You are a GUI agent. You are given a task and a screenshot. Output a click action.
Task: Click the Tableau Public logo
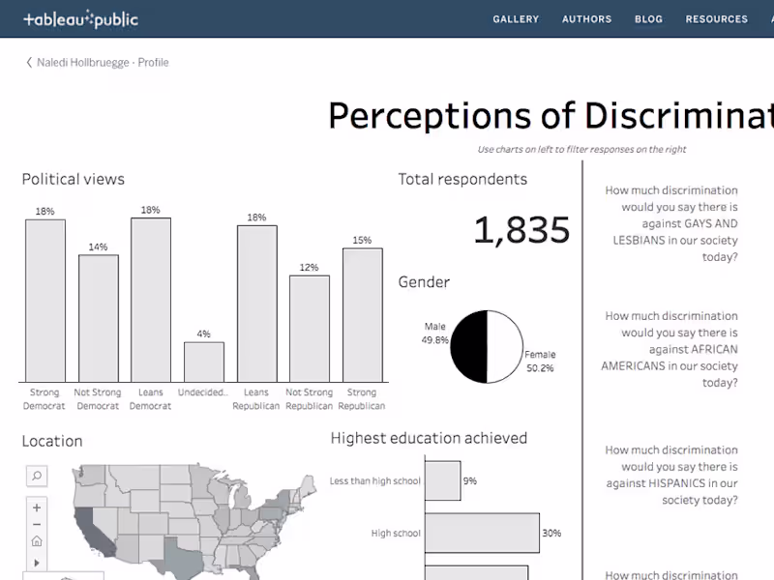point(80,18)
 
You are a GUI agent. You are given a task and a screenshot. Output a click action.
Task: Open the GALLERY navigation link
point(516,19)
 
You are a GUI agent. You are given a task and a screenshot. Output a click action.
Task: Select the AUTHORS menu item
point(586,19)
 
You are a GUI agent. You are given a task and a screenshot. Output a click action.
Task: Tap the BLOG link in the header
point(648,19)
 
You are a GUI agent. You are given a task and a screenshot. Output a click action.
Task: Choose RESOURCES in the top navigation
point(716,19)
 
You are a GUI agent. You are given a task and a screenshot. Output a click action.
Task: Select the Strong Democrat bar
point(45,300)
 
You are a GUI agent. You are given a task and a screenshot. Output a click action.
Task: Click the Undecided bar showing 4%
point(204,362)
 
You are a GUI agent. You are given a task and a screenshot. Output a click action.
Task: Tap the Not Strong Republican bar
point(310,329)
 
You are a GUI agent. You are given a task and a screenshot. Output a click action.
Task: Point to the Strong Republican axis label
point(362,399)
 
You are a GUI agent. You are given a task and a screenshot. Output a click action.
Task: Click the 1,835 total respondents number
point(521,230)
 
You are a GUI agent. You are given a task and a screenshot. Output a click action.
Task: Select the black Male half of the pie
point(469,346)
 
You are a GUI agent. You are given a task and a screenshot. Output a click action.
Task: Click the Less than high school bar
point(442,480)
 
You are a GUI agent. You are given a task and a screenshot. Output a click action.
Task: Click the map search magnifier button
point(36,476)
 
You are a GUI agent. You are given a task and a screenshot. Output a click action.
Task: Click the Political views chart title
point(74,179)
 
